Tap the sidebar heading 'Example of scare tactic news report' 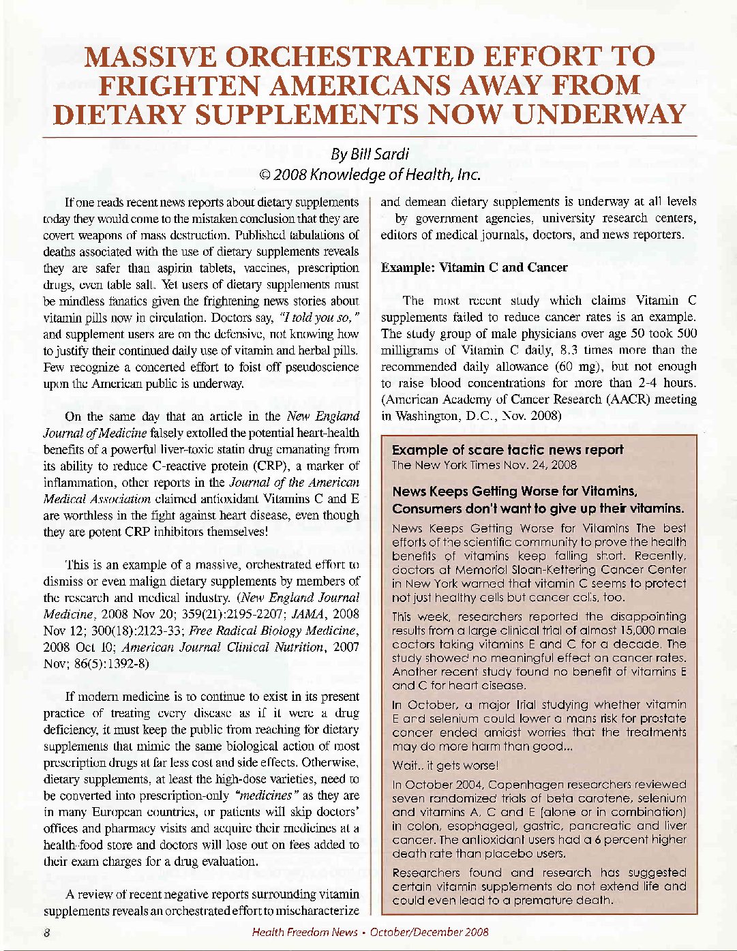click(507, 450)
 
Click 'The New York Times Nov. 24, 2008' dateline click(484, 466)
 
